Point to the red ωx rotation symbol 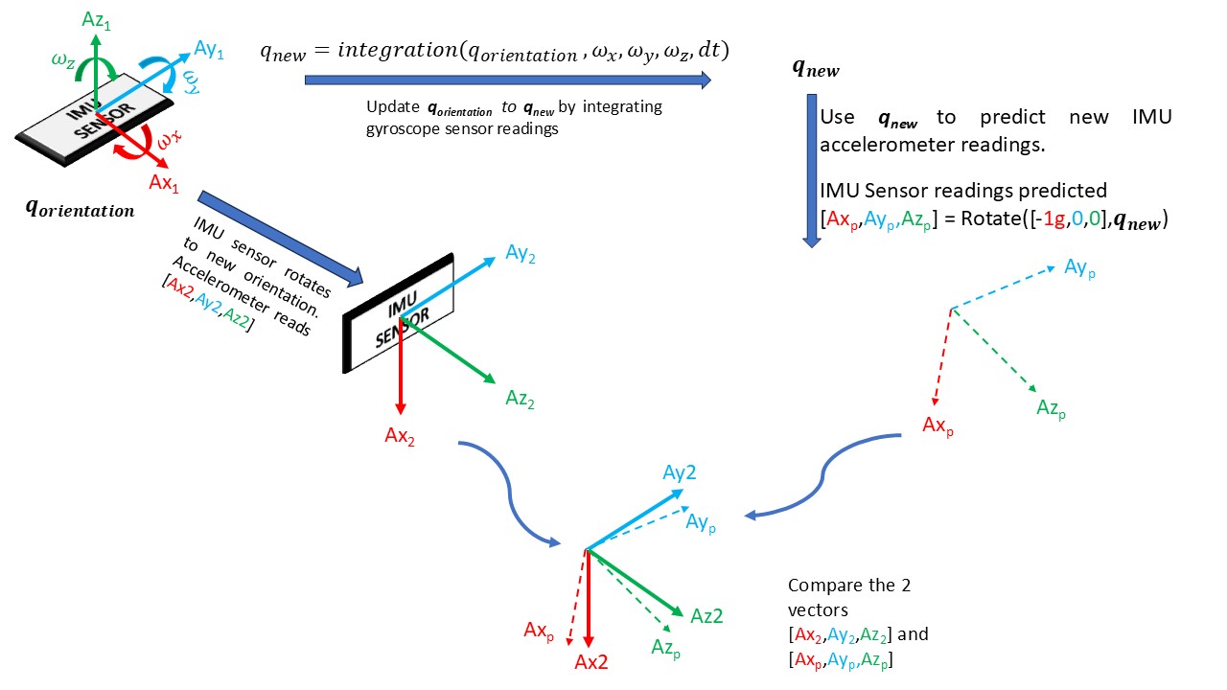tap(170, 142)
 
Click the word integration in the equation tap(387, 51)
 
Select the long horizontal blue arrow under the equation tap(508, 80)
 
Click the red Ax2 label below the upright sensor tap(400, 437)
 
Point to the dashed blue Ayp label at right tap(1079, 267)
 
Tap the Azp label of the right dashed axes tap(1051, 409)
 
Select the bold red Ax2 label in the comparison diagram tap(591, 662)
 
